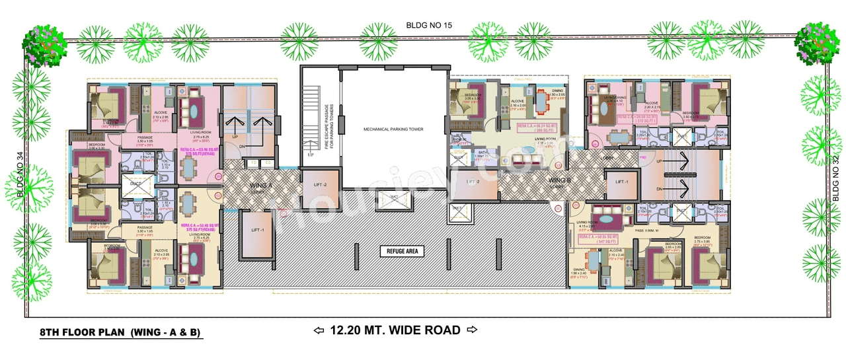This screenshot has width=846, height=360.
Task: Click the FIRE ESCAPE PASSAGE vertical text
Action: (328, 126)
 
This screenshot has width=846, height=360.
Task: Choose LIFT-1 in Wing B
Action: (622, 182)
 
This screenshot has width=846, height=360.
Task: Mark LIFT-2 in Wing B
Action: (472, 182)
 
